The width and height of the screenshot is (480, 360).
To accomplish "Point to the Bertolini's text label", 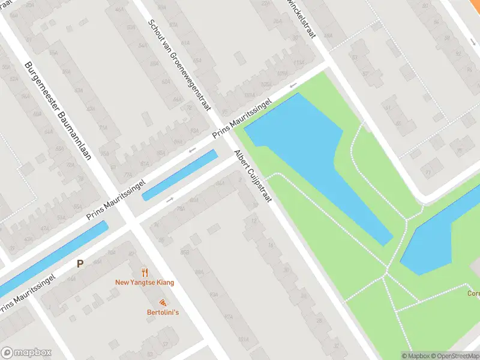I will pyautogui.click(x=163, y=312).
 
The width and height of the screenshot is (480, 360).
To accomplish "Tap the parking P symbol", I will pyautogui.click(x=80, y=263).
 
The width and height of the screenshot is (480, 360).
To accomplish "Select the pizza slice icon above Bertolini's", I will pyautogui.click(x=163, y=302).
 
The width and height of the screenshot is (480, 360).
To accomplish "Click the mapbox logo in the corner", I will pyautogui.click(x=26, y=353).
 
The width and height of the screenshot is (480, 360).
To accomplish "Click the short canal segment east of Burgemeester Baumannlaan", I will pyautogui.click(x=179, y=175).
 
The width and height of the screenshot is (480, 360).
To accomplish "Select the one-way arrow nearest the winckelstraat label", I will pyautogui.click(x=293, y=86).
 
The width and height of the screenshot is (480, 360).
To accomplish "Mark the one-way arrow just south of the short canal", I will pyautogui.click(x=170, y=199).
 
